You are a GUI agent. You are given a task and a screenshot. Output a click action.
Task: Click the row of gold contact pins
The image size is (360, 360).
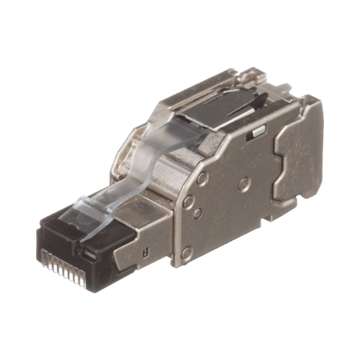67,260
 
